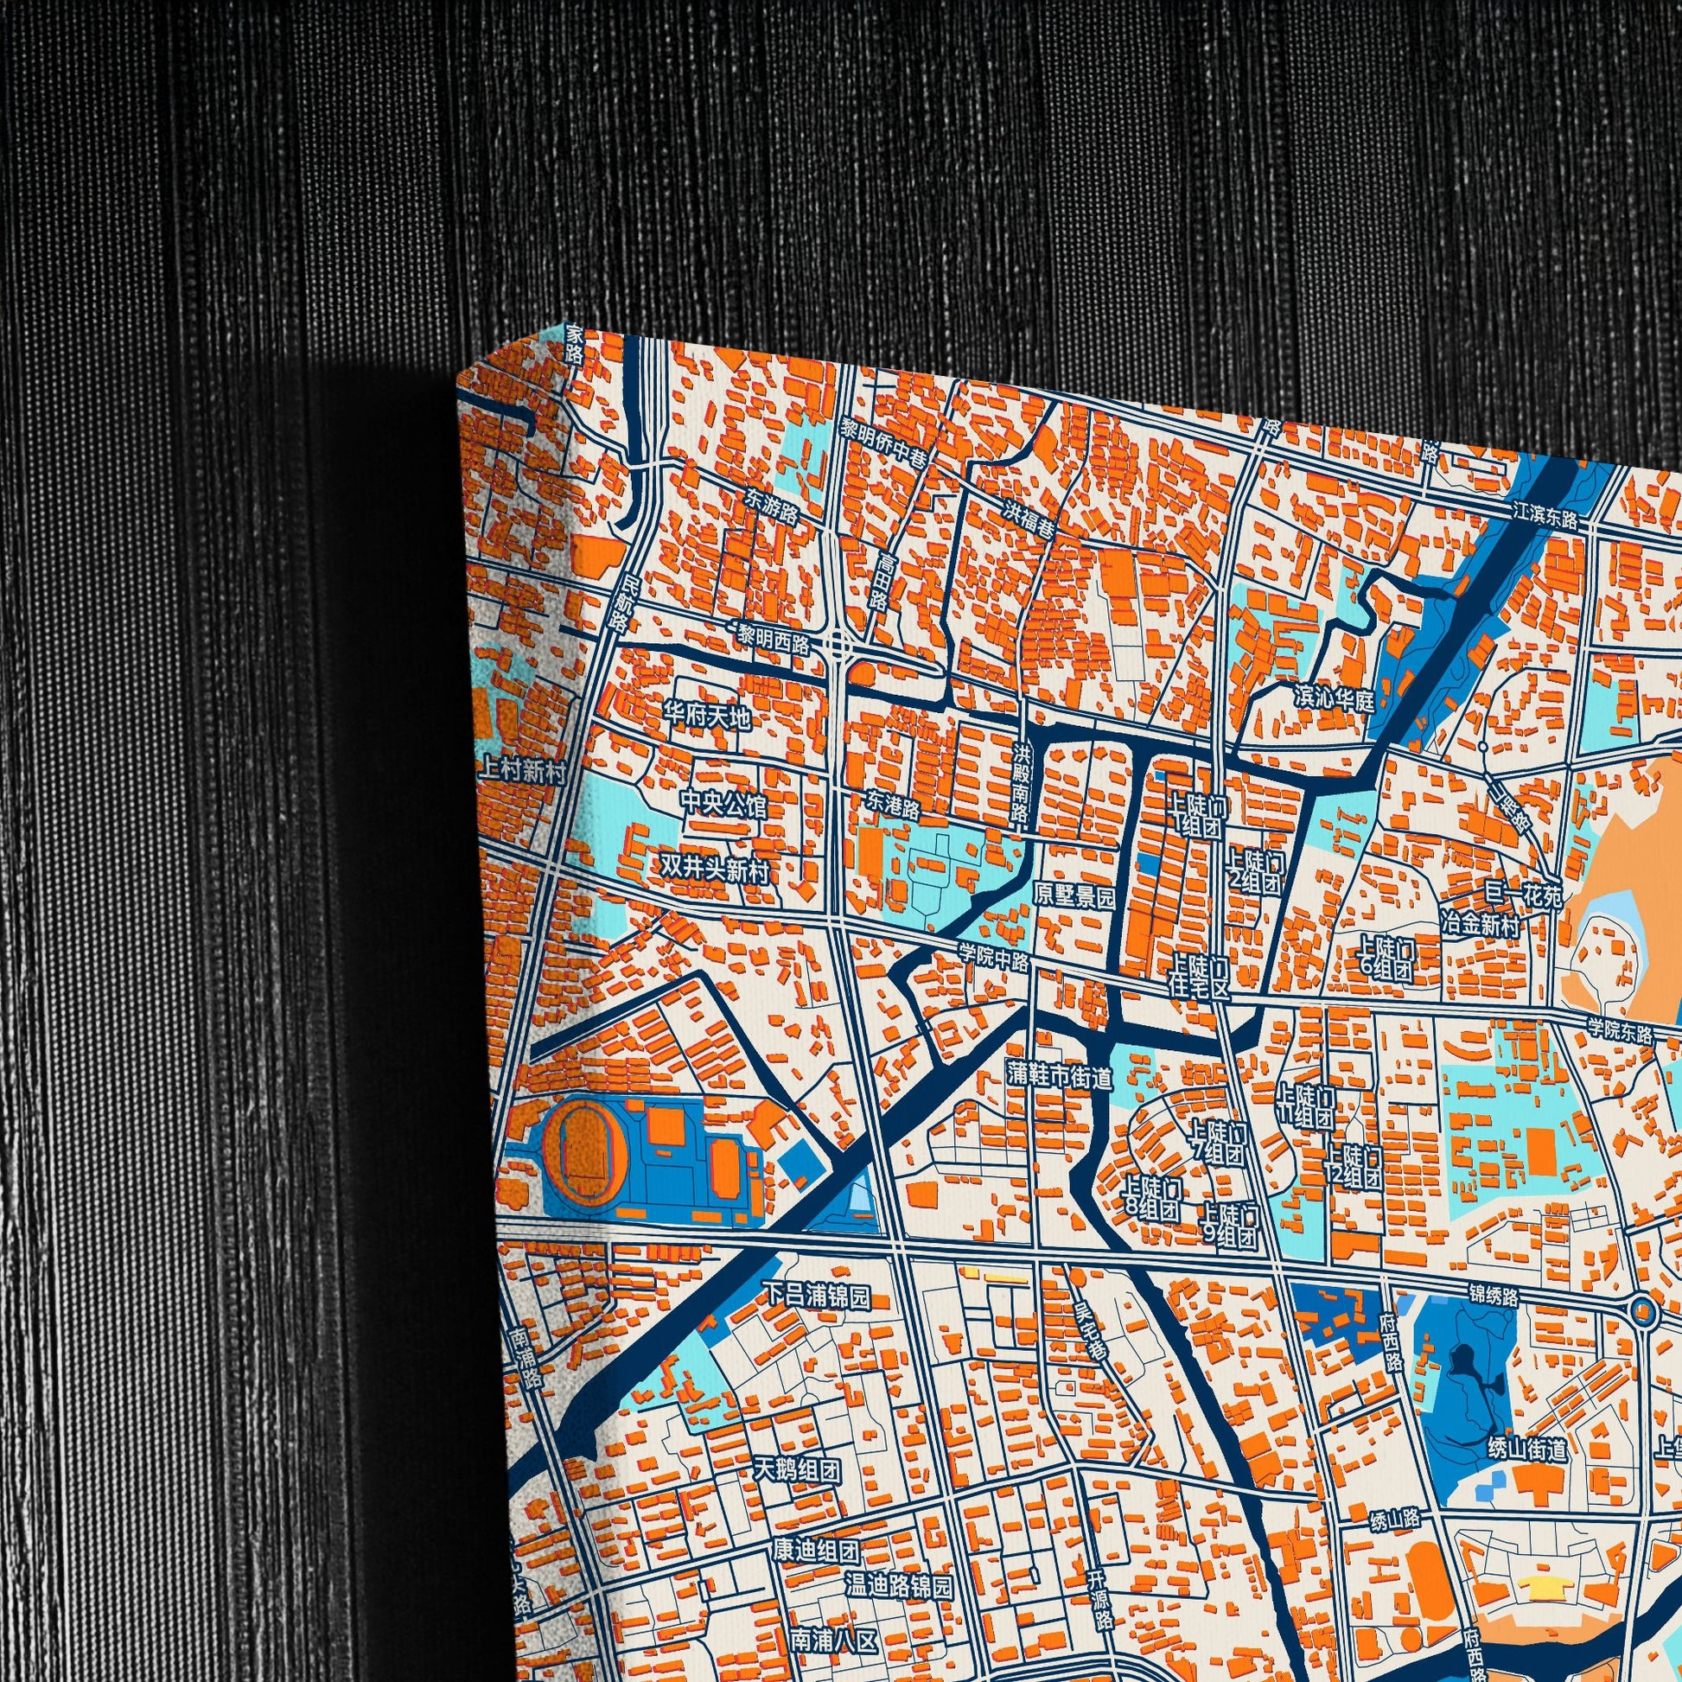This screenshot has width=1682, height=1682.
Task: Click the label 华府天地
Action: (706, 717)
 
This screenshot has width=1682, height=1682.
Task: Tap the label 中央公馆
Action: (723, 805)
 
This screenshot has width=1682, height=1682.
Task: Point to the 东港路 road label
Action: (893, 805)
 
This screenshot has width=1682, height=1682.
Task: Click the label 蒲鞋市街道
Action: (1060, 1076)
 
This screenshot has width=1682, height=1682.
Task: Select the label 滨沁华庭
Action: (1333, 699)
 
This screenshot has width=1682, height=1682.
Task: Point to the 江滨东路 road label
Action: (1545, 519)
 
